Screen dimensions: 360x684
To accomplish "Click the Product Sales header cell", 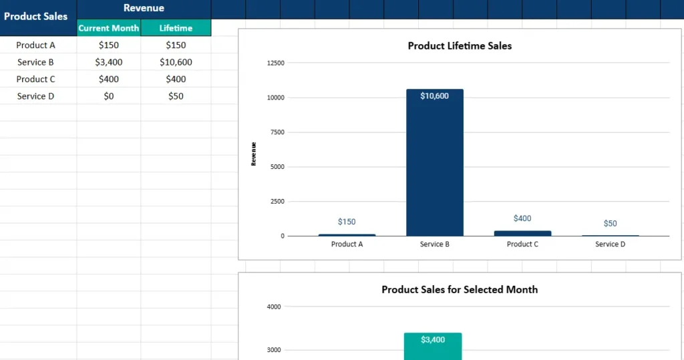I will [36, 17].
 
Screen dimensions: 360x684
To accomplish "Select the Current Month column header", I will [109, 28].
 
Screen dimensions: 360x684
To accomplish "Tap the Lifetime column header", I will [176, 28].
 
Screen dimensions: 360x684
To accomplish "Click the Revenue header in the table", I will [144, 8].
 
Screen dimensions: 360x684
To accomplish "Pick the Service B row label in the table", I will [36, 62].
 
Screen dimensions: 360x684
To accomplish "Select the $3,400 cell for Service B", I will [109, 62].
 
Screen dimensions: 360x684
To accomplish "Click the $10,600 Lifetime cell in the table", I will [176, 62].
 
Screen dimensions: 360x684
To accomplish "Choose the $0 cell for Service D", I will [109, 96].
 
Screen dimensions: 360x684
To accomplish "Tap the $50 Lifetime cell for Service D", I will [176, 96].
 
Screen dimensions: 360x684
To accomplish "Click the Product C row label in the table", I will [36, 79].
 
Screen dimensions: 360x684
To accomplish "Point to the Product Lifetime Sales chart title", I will [460, 46].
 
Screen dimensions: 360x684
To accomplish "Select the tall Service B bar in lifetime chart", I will [434, 167].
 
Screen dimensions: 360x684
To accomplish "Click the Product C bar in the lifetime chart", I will [522, 233].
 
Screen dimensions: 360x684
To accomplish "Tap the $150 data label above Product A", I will [347, 221].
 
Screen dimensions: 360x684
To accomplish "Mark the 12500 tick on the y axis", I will [275, 63].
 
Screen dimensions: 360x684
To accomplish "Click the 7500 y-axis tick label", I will [277, 132].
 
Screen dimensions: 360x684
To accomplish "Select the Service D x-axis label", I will [610, 244].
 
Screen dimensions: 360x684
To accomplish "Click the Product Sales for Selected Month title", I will [460, 290].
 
